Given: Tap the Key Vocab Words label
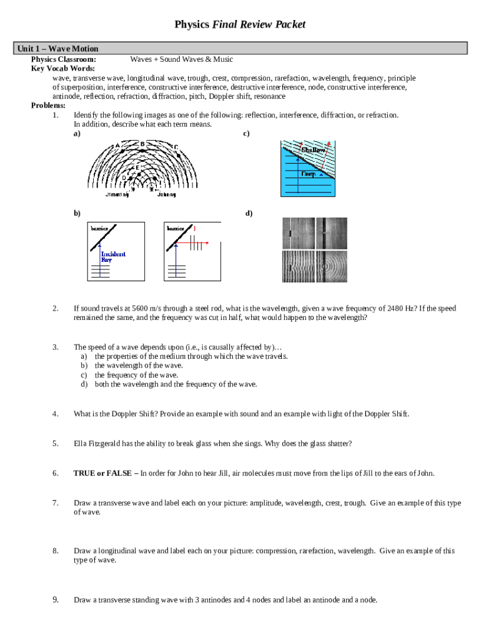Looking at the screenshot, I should (63, 68).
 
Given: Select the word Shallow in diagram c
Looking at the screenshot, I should (313, 150).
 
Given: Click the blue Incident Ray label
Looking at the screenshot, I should (113, 256).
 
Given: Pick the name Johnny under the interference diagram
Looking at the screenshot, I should (166, 194).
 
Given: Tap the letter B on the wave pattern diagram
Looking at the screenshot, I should (142, 144).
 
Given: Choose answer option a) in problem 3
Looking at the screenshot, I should (83, 356).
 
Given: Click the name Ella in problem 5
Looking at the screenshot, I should (81, 444).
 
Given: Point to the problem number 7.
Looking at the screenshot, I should (56, 503).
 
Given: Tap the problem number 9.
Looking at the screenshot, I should (56, 600).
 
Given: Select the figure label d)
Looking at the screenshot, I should (249, 213).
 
